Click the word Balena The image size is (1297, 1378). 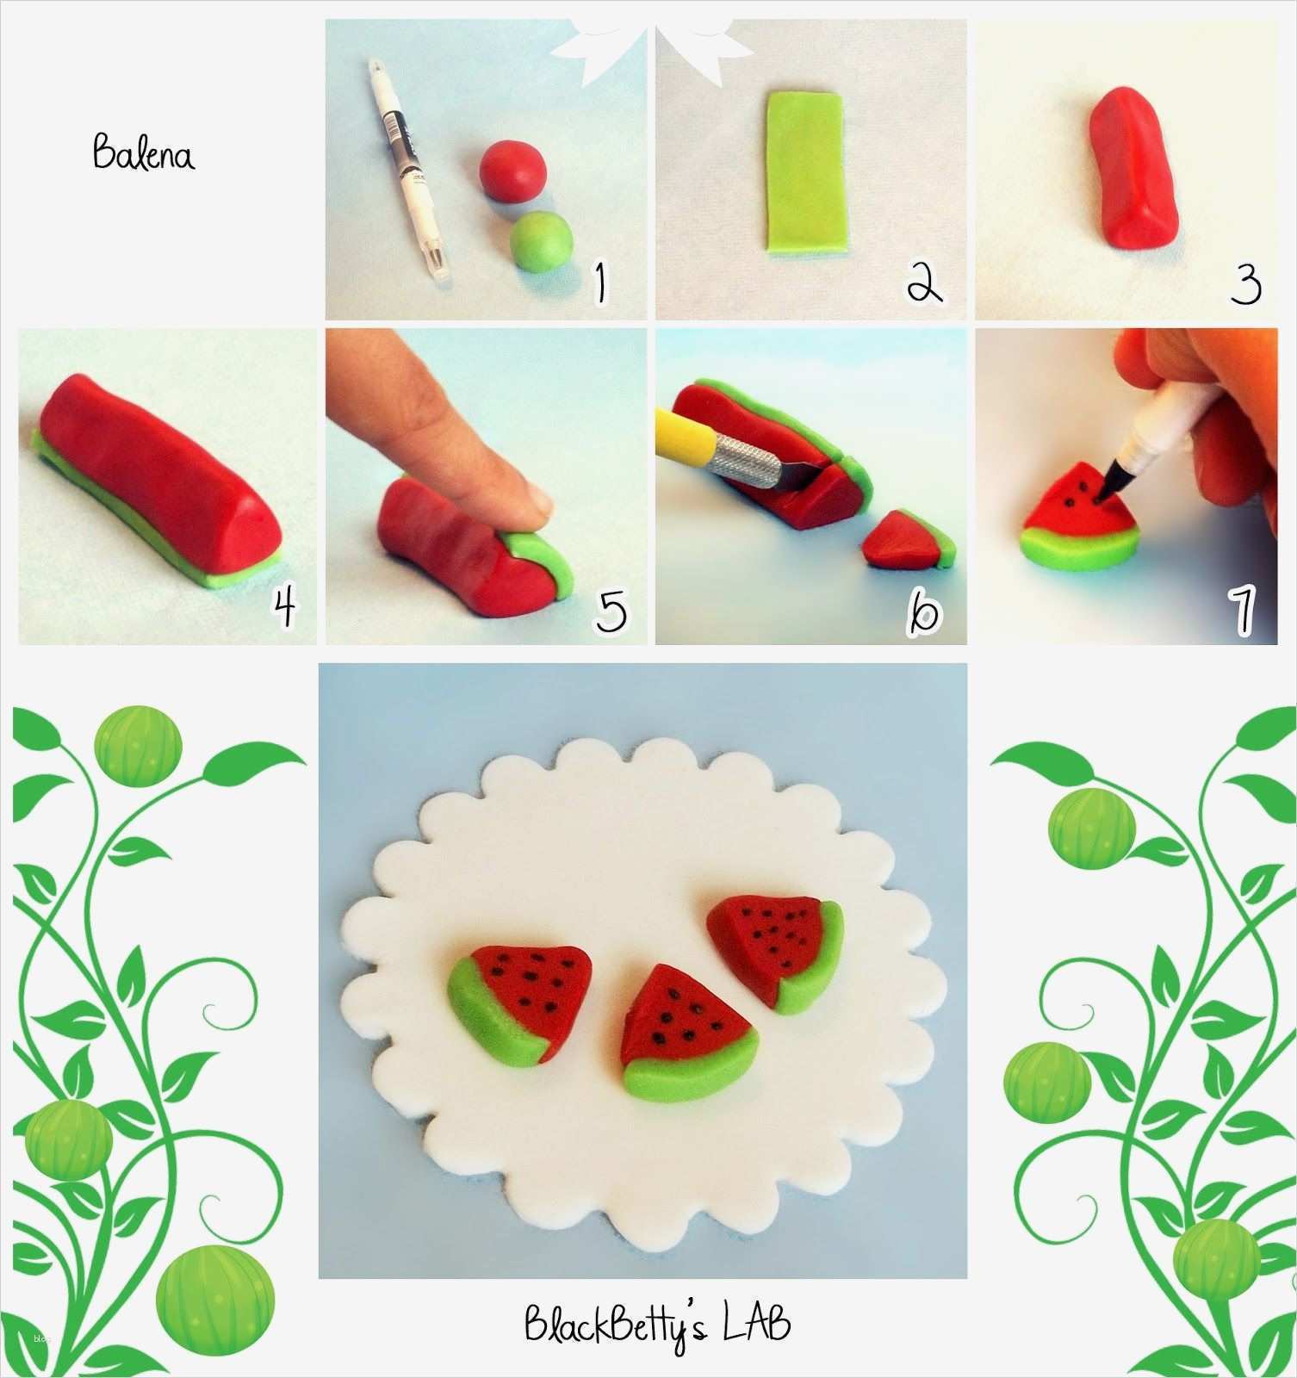coord(144,153)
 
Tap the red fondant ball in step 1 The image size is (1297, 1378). coord(512,171)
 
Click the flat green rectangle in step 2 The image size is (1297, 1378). coord(804,171)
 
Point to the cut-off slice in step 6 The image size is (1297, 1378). coord(909,542)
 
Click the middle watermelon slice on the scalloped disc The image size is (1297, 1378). coord(687,1033)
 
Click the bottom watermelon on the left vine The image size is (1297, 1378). coord(218,1293)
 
